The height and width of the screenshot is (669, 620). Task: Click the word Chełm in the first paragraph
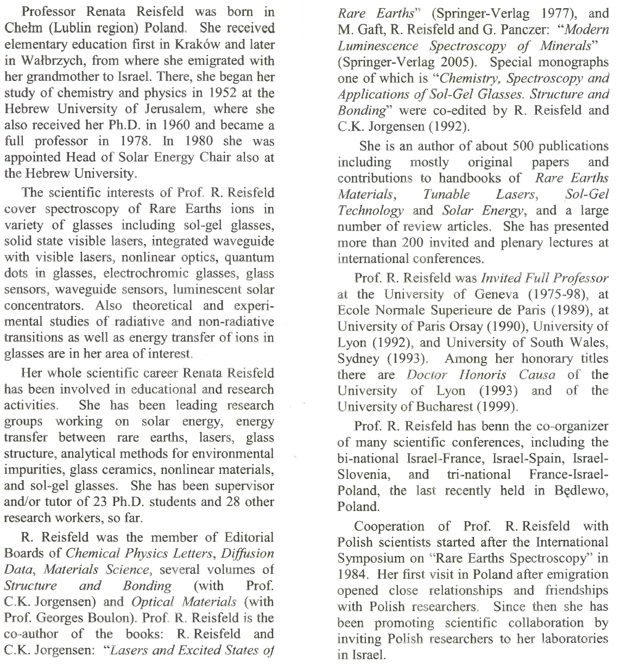[20, 28]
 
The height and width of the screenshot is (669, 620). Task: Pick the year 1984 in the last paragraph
[352, 574]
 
